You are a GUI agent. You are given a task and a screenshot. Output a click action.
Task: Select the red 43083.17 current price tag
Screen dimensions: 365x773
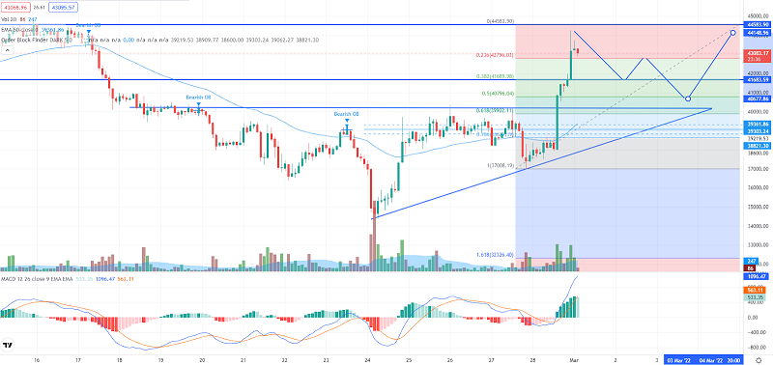pyautogui.click(x=756, y=52)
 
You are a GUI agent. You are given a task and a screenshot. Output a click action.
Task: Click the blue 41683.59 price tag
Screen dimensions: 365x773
pyautogui.click(x=756, y=79)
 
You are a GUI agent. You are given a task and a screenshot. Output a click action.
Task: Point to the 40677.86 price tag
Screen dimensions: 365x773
pyautogui.click(x=756, y=98)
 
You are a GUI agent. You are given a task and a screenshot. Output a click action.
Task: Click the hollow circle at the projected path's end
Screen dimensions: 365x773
pyautogui.click(x=733, y=32)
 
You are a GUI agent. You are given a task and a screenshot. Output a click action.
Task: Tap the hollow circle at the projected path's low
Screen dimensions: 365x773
pyautogui.click(x=687, y=98)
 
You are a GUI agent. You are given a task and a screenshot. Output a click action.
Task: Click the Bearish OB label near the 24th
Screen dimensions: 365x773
pyautogui.click(x=347, y=114)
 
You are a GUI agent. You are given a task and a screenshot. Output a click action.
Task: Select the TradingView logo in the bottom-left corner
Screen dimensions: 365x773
pyautogui.click(x=8, y=345)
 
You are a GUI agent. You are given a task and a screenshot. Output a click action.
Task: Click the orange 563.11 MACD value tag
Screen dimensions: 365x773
pyautogui.click(x=756, y=289)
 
